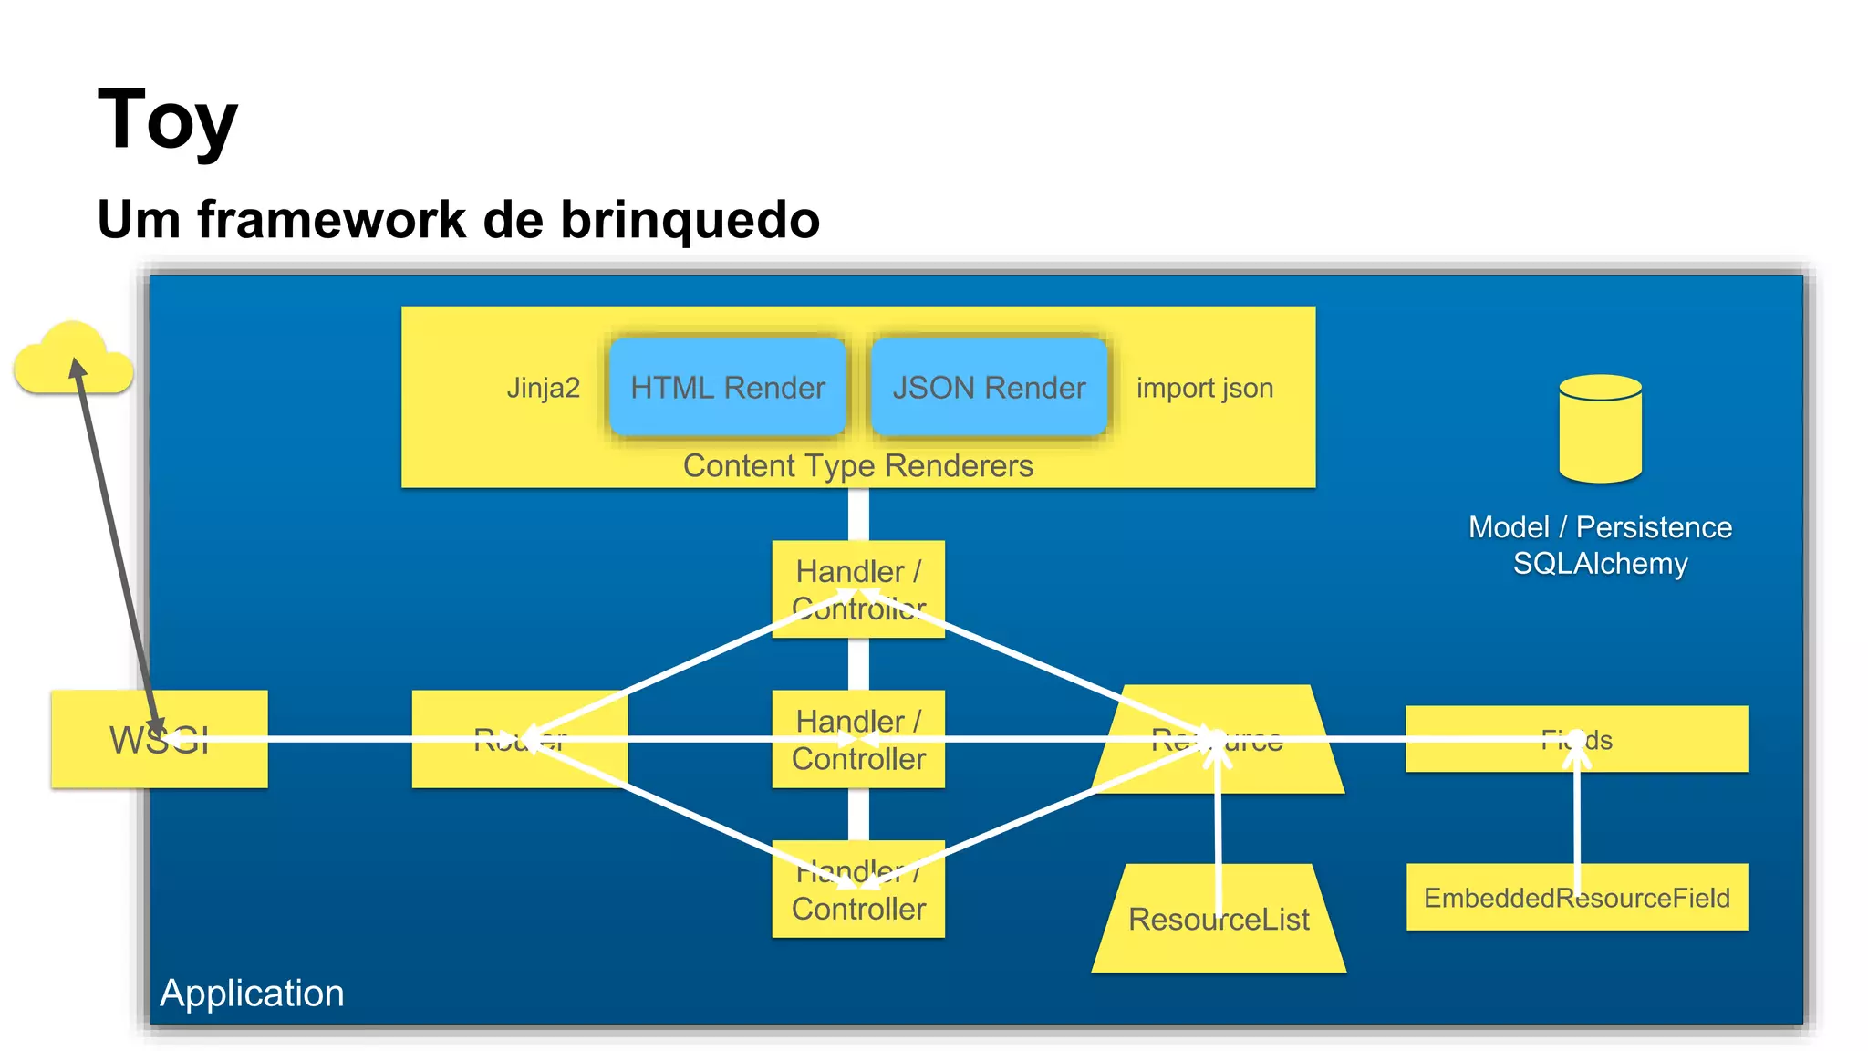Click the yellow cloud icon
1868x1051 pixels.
[73, 360]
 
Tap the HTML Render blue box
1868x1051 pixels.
[727, 388]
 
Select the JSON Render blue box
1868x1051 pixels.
[989, 388]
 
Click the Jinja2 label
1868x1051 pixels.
[543, 388]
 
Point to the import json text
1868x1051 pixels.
[1204, 388]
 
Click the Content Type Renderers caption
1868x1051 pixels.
[857, 466]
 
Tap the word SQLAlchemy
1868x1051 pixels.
[1600, 564]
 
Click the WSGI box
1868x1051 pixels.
[159, 739]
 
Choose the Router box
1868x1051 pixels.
[519, 739]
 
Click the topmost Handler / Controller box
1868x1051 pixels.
[857, 588]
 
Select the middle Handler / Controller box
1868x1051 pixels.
[857, 739]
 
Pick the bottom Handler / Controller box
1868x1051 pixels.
[857, 890]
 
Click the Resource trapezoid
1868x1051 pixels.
[1218, 739]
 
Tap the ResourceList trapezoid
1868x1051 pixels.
[1218, 919]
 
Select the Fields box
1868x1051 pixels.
[1576, 739]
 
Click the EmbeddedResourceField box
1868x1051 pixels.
[1576, 898]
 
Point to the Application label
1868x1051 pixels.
[252, 993]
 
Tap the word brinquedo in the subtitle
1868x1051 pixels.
[690, 219]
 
